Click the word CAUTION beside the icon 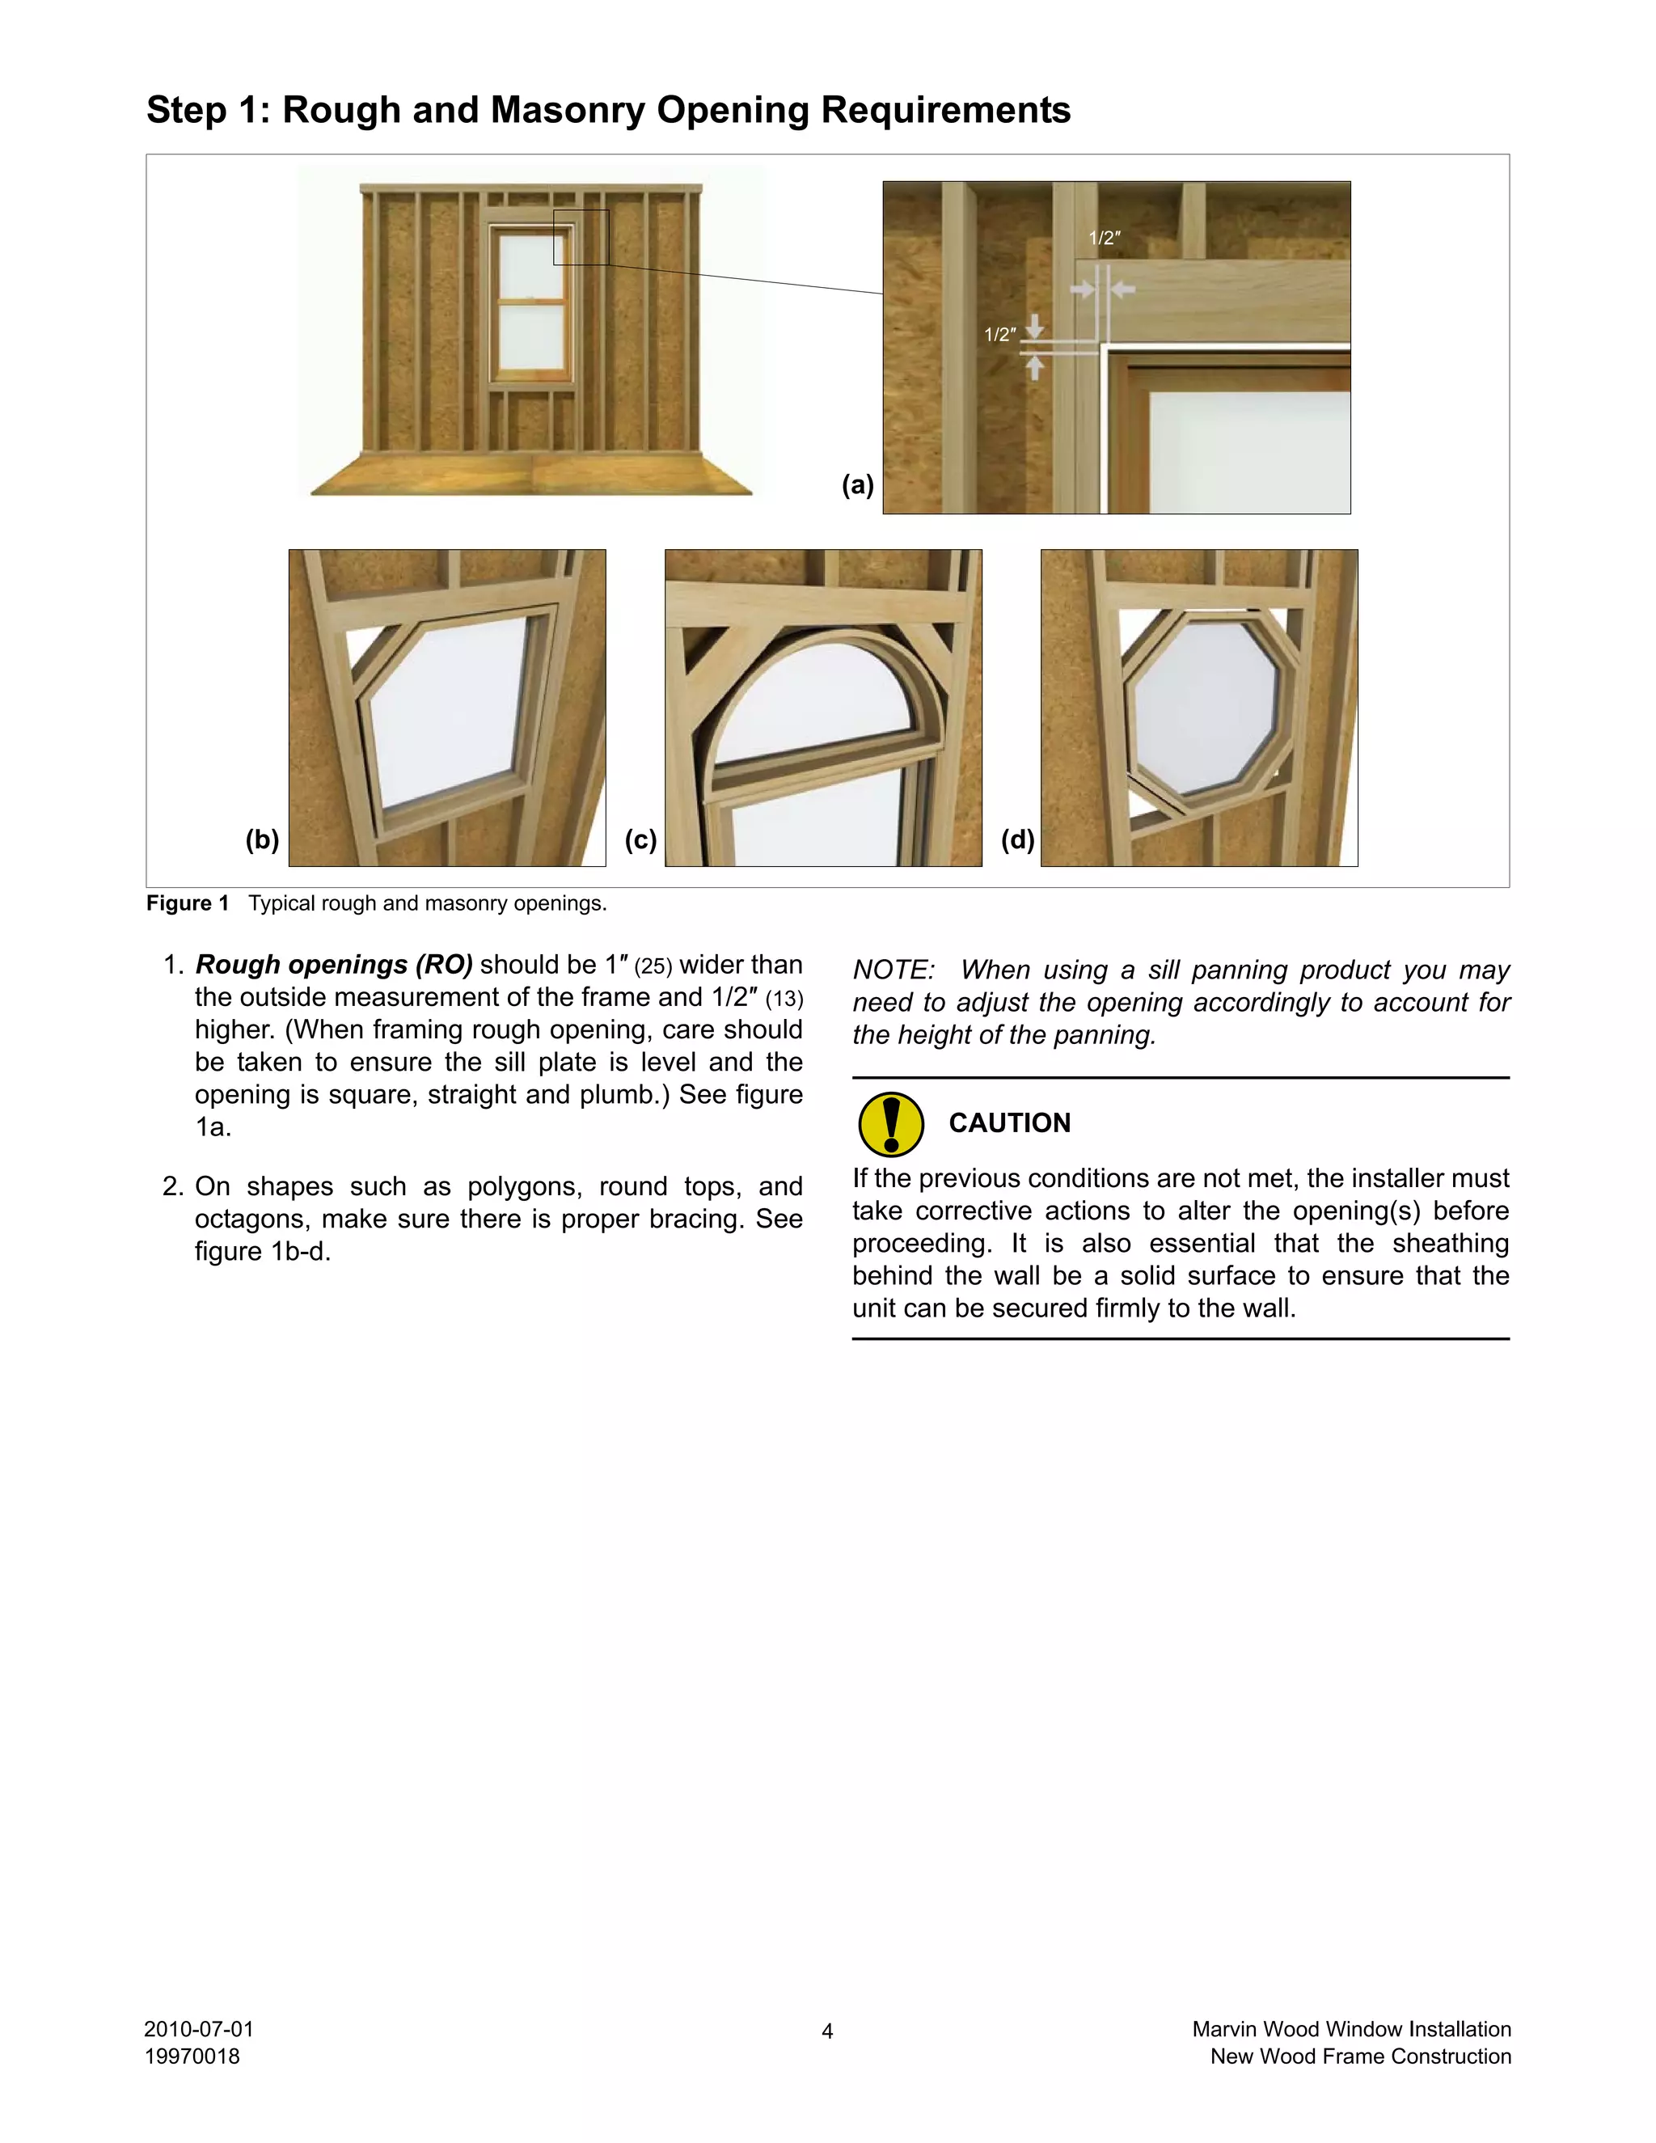[x=1009, y=1122]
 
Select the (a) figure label [x=857, y=484]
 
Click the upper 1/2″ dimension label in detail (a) [x=1104, y=239]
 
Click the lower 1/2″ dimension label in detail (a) [x=999, y=335]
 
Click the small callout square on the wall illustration [x=581, y=236]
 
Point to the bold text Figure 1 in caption [x=188, y=902]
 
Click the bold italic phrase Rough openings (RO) [x=334, y=965]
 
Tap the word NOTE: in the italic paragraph [x=893, y=970]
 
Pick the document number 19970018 [x=192, y=2056]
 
